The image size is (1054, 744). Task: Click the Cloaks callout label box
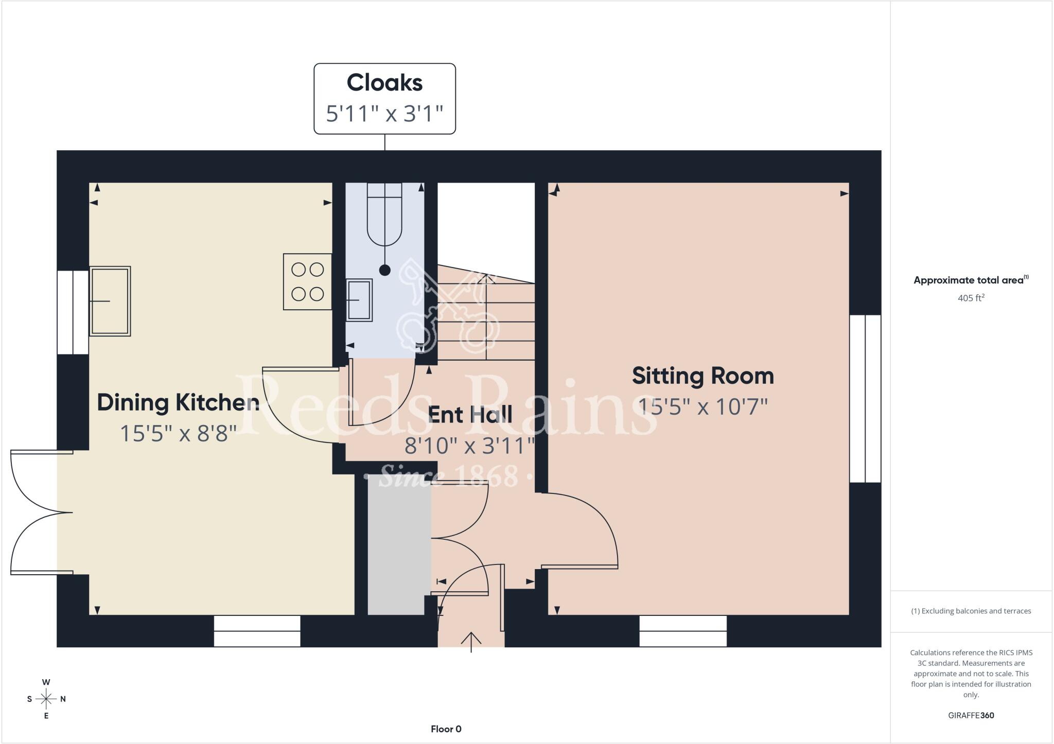[x=384, y=98]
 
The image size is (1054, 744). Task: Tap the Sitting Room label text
[x=702, y=376]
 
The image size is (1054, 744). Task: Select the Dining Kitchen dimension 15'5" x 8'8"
[x=178, y=434]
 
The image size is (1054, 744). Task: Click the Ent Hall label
[x=470, y=415]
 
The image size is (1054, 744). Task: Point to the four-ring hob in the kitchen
[x=307, y=281]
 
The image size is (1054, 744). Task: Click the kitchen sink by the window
[x=110, y=301]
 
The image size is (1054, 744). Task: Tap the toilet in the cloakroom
[x=384, y=216]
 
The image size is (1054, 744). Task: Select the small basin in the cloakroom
[x=359, y=300]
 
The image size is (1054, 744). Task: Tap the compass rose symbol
[x=46, y=699]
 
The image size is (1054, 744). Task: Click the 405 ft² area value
[x=971, y=298]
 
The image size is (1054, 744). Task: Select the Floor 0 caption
[x=446, y=729]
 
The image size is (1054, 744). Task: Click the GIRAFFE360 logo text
[x=971, y=715]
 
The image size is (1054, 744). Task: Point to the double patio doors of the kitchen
[x=41, y=512]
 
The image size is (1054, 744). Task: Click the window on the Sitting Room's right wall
[x=865, y=399]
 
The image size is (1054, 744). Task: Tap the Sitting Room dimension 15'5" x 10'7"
[x=702, y=407]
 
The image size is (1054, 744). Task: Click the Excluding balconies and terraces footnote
[x=971, y=611]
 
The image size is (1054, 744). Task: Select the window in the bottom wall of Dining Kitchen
[x=257, y=631]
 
